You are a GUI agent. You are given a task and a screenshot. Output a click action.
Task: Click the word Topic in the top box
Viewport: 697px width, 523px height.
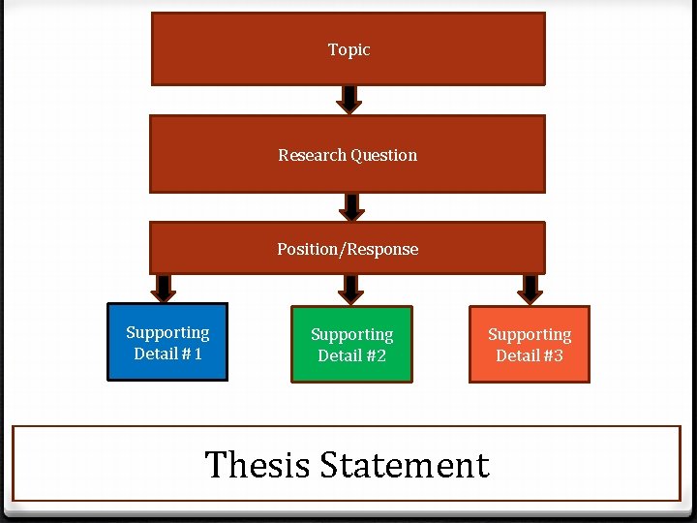coord(348,49)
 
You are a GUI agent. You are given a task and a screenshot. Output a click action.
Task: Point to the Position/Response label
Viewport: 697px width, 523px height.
coord(348,249)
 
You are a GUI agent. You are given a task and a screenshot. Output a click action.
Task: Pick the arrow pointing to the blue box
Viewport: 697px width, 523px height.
coord(165,287)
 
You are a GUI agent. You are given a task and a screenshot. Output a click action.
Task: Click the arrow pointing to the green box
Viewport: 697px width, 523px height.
coord(351,288)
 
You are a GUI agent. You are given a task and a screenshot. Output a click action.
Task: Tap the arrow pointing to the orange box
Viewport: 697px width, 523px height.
coord(530,288)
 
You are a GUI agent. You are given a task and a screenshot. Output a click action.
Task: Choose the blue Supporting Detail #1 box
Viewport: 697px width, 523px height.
coord(167,342)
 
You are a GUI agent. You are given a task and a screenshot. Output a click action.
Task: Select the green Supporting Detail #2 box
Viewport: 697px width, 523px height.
coord(351,344)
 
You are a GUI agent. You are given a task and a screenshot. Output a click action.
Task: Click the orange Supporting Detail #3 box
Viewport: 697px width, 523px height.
coord(530,344)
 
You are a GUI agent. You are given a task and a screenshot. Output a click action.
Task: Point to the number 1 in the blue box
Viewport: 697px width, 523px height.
coord(197,354)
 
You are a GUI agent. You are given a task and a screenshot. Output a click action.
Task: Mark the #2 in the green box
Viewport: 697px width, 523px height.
coord(376,355)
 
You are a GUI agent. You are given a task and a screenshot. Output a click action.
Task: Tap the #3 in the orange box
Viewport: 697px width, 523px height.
coord(553,355)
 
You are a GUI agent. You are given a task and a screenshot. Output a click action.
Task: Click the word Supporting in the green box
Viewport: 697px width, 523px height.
coord(351,334)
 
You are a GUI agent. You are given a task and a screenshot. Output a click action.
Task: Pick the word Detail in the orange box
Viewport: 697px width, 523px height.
coord(516,355)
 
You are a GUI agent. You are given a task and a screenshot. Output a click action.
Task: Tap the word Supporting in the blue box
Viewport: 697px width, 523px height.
coord(167,332)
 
